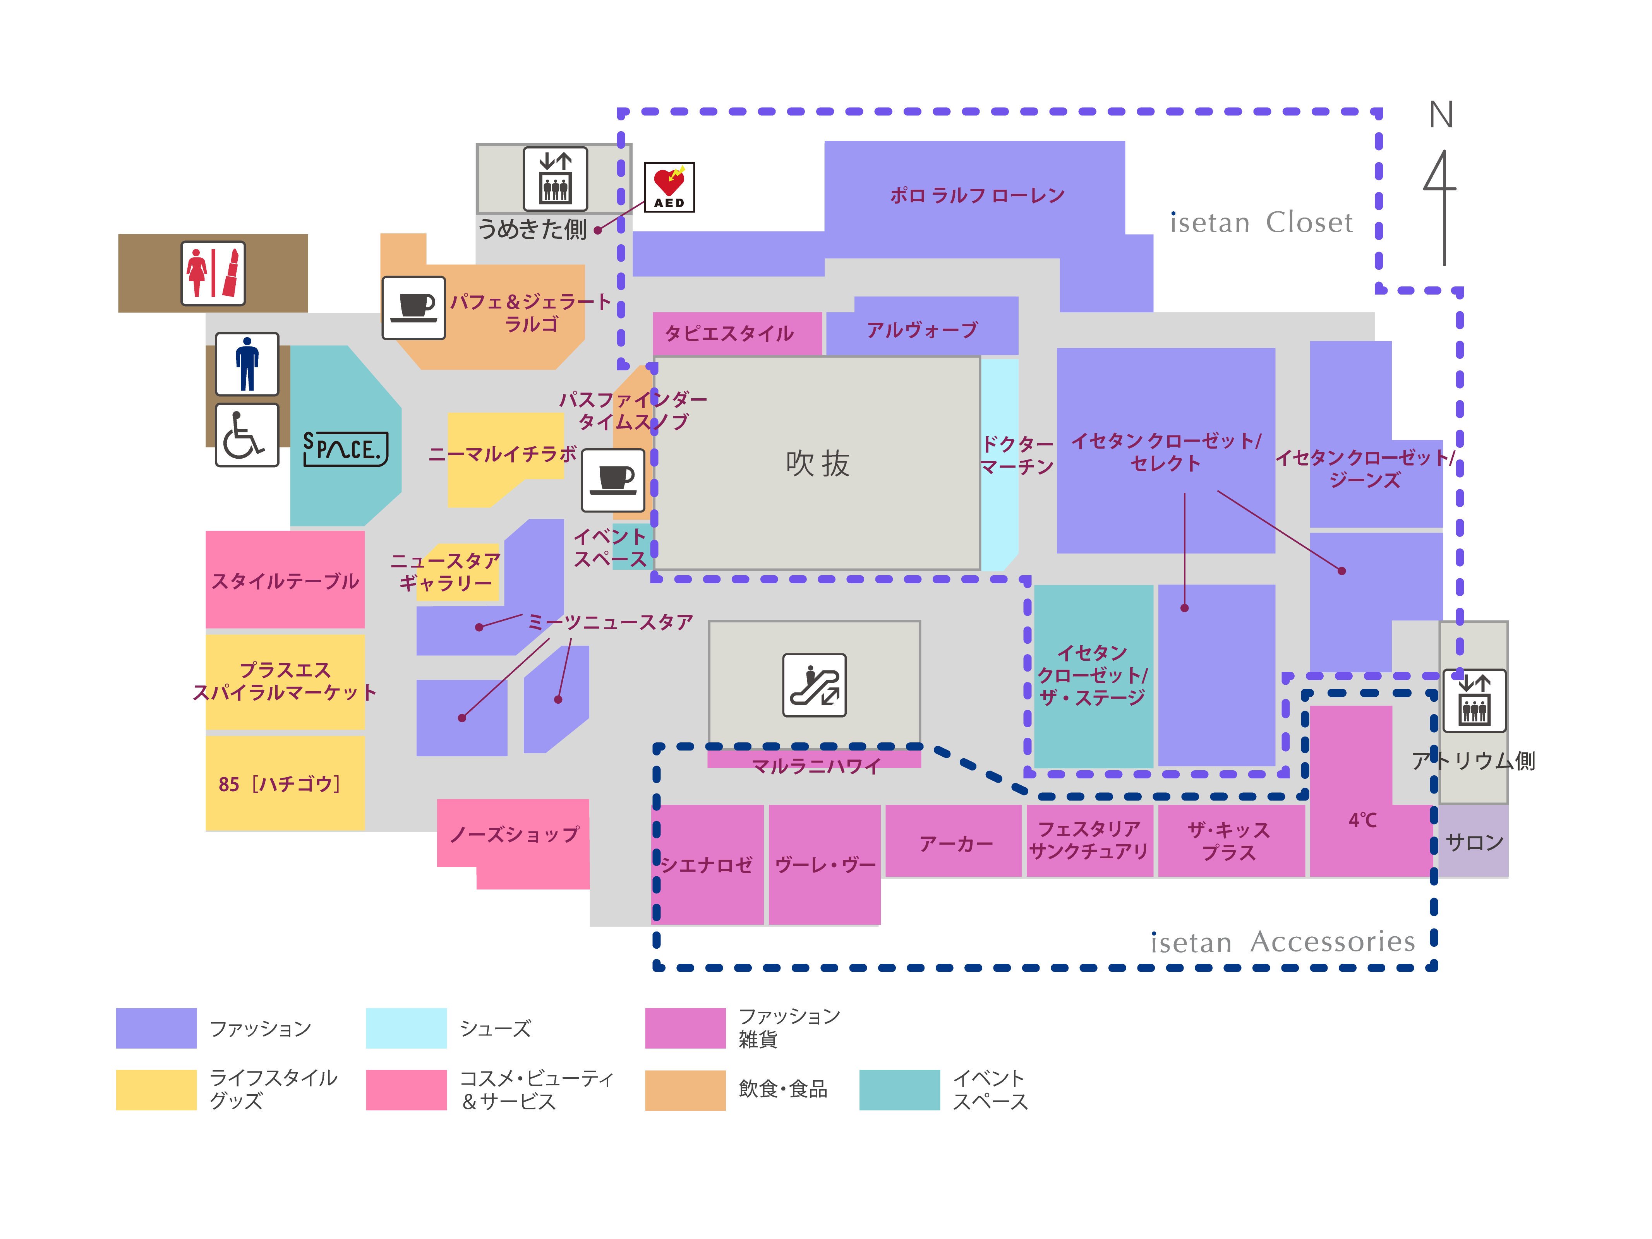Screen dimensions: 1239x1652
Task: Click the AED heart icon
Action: (669, 187)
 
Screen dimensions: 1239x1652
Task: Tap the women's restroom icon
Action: (213, 273)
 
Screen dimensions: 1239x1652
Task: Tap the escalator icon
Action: (814, 685)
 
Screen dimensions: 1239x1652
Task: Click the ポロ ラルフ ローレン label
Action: (977, 196)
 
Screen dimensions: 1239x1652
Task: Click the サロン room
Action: (1474, 842)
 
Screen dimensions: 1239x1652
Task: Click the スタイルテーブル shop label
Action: (285, 581)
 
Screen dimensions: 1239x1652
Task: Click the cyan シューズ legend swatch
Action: (406, 1028)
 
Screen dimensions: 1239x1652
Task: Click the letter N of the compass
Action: (1441, 115)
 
